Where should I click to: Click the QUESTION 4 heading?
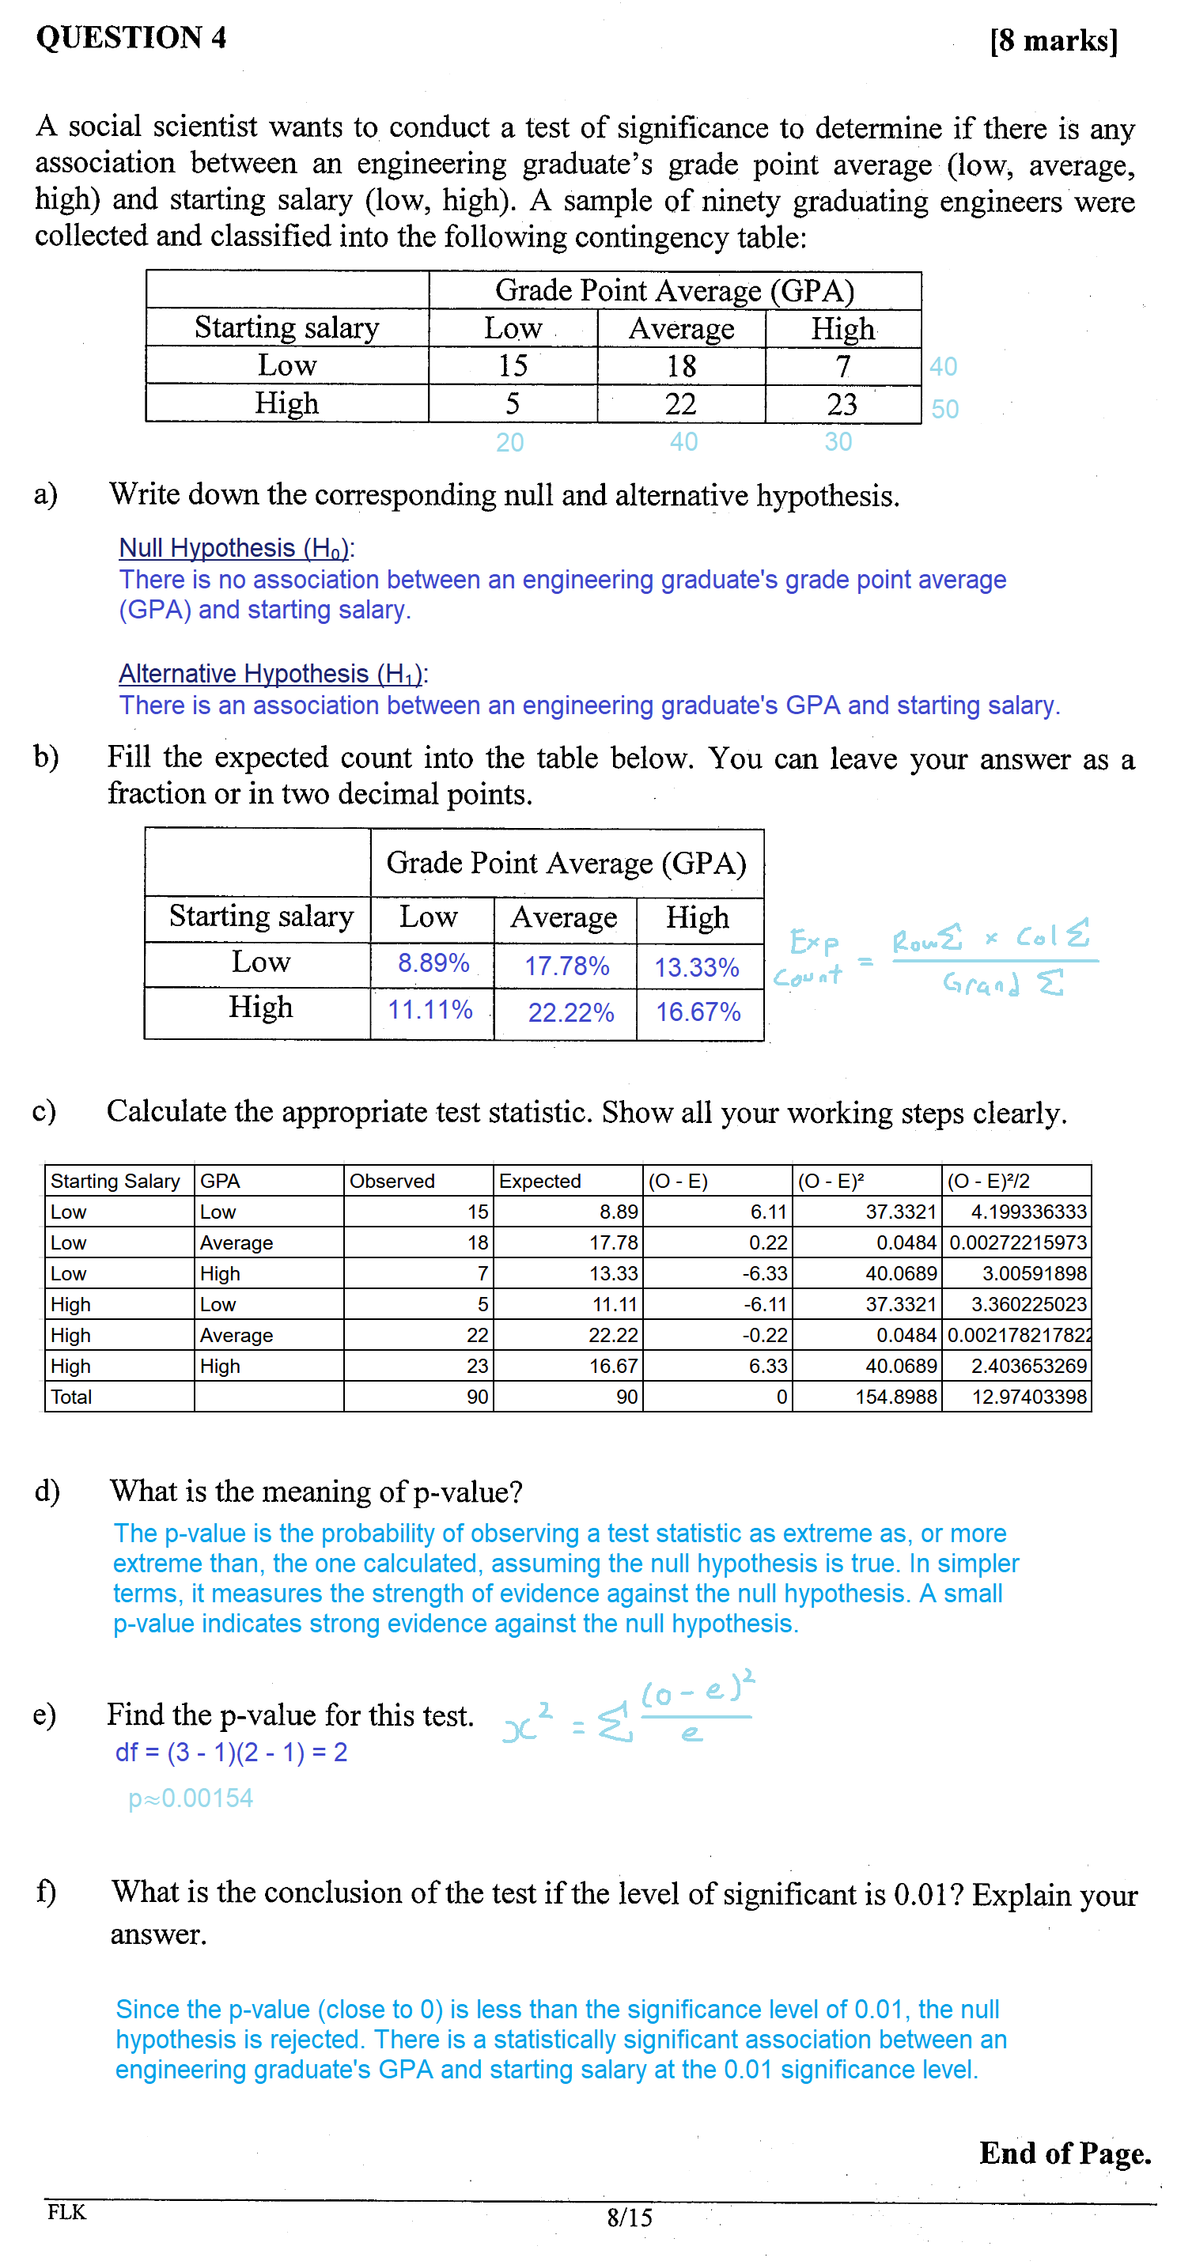(x=131, y=37)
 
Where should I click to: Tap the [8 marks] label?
(x=1053, y=40)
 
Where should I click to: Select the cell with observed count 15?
(x=513, y=365)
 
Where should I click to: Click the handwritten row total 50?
(x=944, y=409)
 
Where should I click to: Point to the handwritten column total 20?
(x=509, y=442)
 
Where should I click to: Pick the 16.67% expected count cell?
(x=698, y=1012)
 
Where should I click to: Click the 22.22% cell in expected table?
(x=570, y=1013)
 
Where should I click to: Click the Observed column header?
(x=392, y=1181)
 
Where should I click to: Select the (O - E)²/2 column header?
(x=988, y=1181)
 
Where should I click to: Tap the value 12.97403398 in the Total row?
(x=1028, y=1397)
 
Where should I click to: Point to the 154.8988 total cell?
(x=895, y=1397)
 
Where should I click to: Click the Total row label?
(x=71, y=1397)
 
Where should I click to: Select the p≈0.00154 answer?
(x=191, y=1798)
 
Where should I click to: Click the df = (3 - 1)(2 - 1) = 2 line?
(x=231, y=1753)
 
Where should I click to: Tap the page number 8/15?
(x=629, y=2217)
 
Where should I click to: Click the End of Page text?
(x=1065, y=2153)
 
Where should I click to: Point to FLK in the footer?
(x=67, y=2211)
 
